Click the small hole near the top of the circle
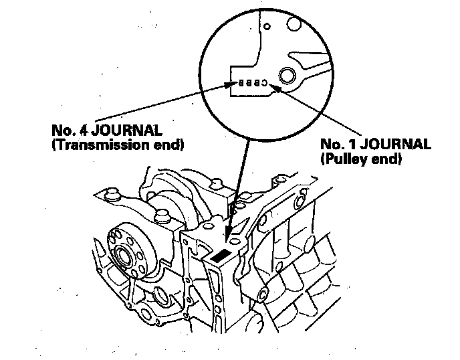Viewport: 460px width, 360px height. [x=266, y=27]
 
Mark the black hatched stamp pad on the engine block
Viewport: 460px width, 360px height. [x=219, y=255]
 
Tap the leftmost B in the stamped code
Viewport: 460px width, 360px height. [x=241, y=84]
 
